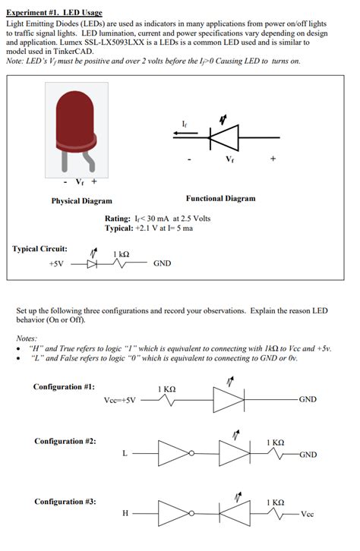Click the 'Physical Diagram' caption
(81, 201)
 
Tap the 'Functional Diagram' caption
(220, 198)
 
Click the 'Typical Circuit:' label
(39, 249)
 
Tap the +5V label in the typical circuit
(57, 265)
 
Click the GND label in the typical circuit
(163, 265)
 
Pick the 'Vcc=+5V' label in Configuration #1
(120, 400)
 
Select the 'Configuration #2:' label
(65, 441)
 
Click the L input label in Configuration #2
(125, 454)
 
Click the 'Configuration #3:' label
(65, 501)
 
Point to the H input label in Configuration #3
(125, 514)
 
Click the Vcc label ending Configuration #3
(307, 514)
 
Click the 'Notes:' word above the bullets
(27, 338)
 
